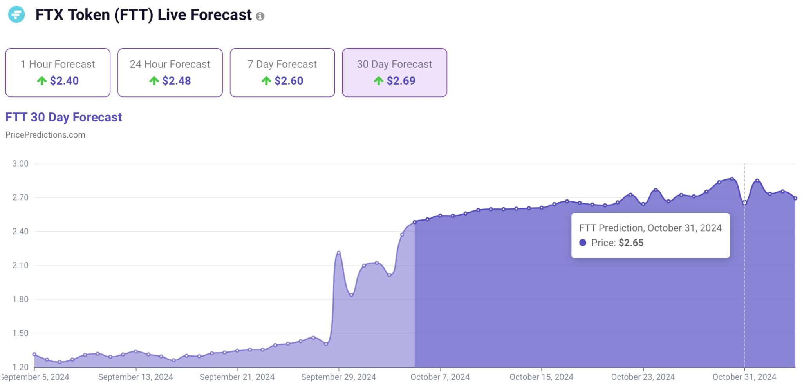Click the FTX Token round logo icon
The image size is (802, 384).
point(16,14)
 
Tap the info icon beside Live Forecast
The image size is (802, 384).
point(260,16)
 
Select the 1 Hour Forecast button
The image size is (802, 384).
point(58,72)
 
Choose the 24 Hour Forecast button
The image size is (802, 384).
point(170,72)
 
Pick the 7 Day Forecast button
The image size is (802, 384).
point(282,72)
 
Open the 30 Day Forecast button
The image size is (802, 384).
point(394,72)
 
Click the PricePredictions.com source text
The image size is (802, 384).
point(45,135)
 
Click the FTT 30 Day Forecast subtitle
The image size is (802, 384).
point(63,117)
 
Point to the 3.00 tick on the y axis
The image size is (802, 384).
point(20,164)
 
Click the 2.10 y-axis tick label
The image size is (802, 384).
point(20,265)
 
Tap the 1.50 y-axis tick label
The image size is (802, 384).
point(20,333)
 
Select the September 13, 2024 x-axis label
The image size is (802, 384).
point(135,377)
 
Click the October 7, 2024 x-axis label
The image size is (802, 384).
point(440,377)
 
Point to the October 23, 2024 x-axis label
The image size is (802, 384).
point(643,377)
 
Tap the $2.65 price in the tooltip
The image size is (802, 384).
point(631,243)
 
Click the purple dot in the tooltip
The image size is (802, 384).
point(583,243)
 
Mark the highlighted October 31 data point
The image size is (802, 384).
point(744,203)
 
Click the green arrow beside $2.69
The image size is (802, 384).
point(378,81)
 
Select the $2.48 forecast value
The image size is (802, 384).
point(177,81)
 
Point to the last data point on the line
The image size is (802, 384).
point(795,198)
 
